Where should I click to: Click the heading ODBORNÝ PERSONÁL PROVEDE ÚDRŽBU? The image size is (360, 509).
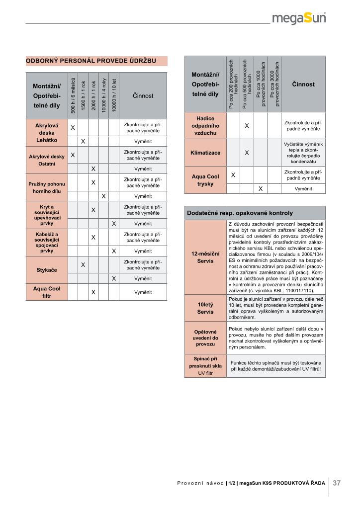point(91,61)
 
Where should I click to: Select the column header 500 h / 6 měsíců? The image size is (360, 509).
point(73,95)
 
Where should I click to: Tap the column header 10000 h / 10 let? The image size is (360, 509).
point(114,95)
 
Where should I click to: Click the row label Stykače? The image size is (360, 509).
point(47,270)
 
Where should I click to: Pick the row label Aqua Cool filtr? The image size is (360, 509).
point(47,292)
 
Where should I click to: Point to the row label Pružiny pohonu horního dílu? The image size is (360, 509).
point(47,187)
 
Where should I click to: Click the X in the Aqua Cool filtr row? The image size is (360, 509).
point(93,292)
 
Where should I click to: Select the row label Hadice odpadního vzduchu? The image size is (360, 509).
point(205,126)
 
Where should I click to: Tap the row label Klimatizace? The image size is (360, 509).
point(205,153)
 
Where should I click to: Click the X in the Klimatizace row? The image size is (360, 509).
point(247,153)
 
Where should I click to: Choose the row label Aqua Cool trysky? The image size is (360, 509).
point(205,180)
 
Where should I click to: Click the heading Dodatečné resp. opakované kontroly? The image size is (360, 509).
point(240,213)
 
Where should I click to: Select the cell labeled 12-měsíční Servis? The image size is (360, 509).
point(205,257)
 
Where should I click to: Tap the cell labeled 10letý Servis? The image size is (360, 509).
point(205,308)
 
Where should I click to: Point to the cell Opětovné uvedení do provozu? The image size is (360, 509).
point(205,338)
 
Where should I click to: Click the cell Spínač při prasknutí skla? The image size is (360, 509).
point(205,365)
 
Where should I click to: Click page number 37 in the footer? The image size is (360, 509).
point(337,483)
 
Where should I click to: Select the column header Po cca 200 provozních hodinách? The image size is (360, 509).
point(233,84)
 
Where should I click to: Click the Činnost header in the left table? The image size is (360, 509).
point(143,95)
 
